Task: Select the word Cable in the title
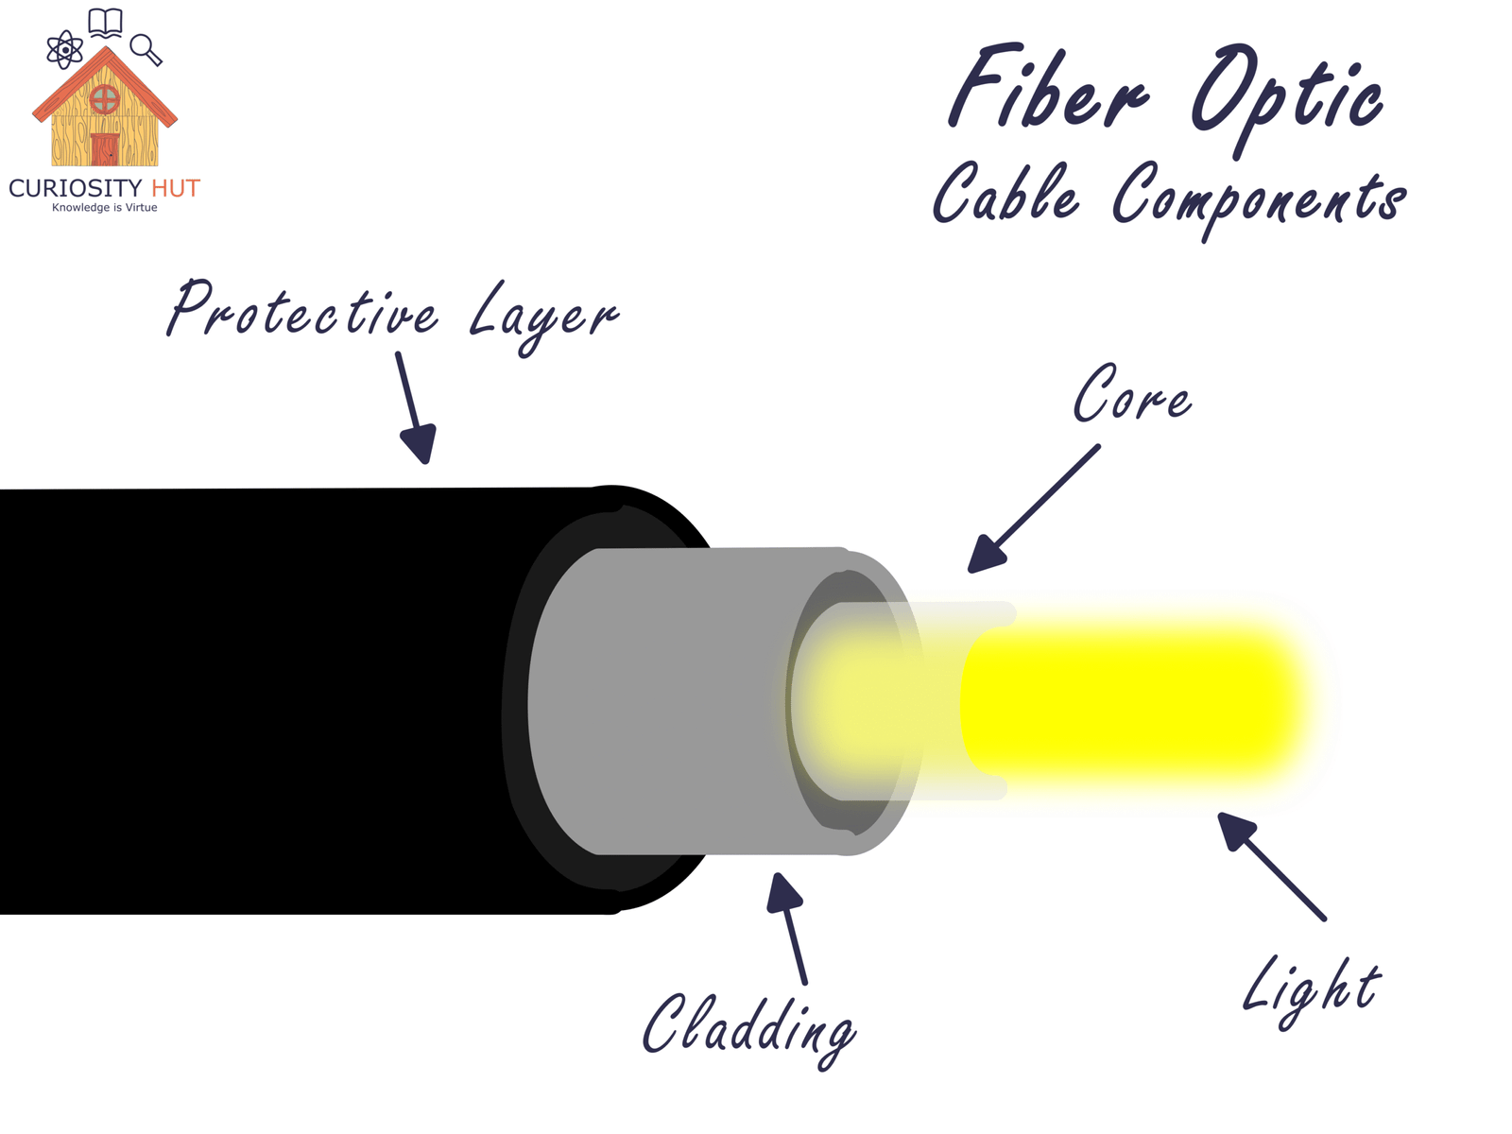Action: click(1005, 194)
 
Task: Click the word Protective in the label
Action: click(302, 310)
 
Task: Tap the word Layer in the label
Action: click(542, 316)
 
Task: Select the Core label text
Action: click(1131, 395)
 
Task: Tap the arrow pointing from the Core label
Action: click(1034, 509)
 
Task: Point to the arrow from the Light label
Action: click(1271, 865)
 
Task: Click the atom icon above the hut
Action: click(64, 49)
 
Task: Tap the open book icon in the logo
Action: click(105, 23)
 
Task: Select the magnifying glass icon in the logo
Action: click(146, 49)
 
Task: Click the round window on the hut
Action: click(104, 97)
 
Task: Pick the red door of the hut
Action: click(105, 149)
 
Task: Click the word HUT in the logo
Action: click(176, 189)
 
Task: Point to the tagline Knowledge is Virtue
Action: click(104, 208)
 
